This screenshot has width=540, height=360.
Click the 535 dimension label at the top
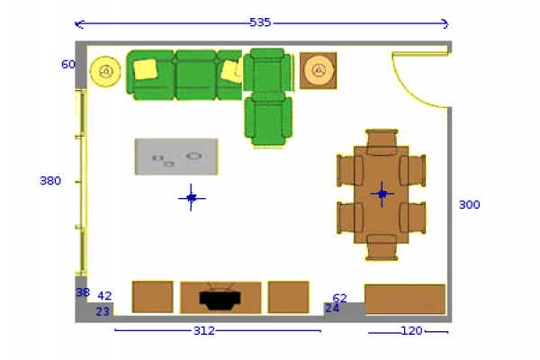click(x=260, y=22)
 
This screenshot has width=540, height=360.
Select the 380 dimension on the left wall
click(x=50, y=181)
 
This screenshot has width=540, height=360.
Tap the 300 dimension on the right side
click(x=469, y=205)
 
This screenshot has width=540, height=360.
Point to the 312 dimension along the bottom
click(x=204, y=330)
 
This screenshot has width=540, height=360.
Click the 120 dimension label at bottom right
click(x=412, y=331)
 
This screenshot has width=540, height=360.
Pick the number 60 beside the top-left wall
click(x=68, y=65)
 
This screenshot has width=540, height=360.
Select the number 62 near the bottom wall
click(x=339, y=298)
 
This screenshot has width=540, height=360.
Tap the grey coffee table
click(x=176, y=157)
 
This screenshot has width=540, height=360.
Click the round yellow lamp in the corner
click(x=105, y=71)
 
